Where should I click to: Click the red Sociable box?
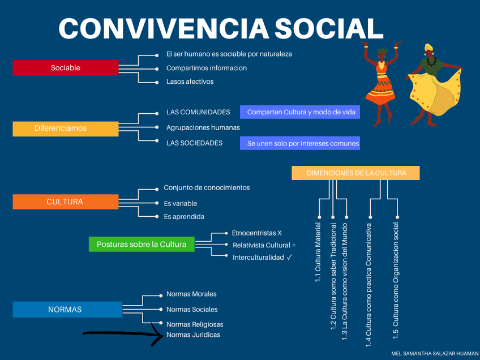pyautogui.click(x=65, y=68)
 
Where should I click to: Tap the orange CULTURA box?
pyautogui.click(x=65, y=202)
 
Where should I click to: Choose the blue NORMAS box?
pyautogui.click(x=65, y=310)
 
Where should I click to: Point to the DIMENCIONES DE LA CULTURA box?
pyautogui.click(x=355, y=173)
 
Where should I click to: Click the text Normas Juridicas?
pyautogui.click(x=193, y=335)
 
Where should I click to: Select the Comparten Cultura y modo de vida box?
pyautogui.click(x=301, y=112)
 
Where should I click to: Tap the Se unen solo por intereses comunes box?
pyautogui.click(x=302, y=143)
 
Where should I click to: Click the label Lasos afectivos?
pyautogui.click(x=190, y=82)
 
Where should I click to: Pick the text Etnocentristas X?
pyautogui.click(x=256, y=233)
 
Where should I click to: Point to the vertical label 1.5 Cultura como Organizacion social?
pyautogui.click(x=396, y=281)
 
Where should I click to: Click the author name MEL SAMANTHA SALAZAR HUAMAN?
pyautogui.click(x=434, y=353)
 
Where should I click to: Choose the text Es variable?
pyautogui.click(x=180, y=203)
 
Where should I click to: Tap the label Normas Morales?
pyautogui.click(x=191, y=294)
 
